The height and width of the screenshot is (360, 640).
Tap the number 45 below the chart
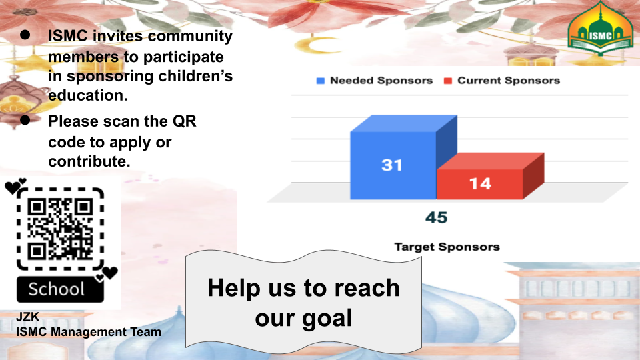coord(436,217)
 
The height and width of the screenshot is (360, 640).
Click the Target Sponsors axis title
coord(447,247)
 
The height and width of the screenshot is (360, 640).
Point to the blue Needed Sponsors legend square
coord(321,81)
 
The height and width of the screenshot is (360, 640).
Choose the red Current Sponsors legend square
coord(448,81)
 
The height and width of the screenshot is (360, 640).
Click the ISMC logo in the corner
coord(601,29)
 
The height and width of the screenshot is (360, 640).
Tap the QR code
coord(60,229)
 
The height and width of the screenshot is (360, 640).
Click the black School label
coord(60,289)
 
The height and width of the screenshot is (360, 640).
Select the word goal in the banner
coord(327,319)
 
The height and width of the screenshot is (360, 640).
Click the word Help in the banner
coord(234,288)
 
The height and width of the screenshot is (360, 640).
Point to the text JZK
coord(28,317)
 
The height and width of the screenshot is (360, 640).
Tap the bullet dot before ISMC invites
coord(25,35)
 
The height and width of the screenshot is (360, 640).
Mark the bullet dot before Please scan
coord(25,120)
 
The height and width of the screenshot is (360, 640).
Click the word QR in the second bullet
coord(184,121)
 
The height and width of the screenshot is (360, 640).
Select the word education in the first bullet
coord(88,95)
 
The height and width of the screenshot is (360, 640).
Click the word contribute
coord(89,161)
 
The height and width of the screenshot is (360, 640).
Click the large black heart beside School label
coord(110,273)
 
